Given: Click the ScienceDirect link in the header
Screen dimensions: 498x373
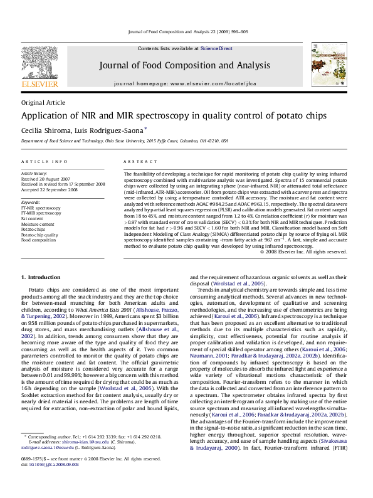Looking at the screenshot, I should pos(216,48).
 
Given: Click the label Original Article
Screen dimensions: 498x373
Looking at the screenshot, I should pos(43,102).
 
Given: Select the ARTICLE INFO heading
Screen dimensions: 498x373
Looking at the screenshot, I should pos(45,161).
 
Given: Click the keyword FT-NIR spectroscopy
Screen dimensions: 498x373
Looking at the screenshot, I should pos(41,208).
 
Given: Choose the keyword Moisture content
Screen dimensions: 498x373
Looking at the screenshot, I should pos(38,224).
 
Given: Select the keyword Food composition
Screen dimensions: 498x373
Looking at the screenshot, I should pos(38,240).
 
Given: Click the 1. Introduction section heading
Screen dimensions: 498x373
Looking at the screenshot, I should pos(41,277).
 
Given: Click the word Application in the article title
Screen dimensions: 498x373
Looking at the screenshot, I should pos(45,116).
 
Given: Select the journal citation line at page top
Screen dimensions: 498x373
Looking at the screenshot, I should pos(187,31).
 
